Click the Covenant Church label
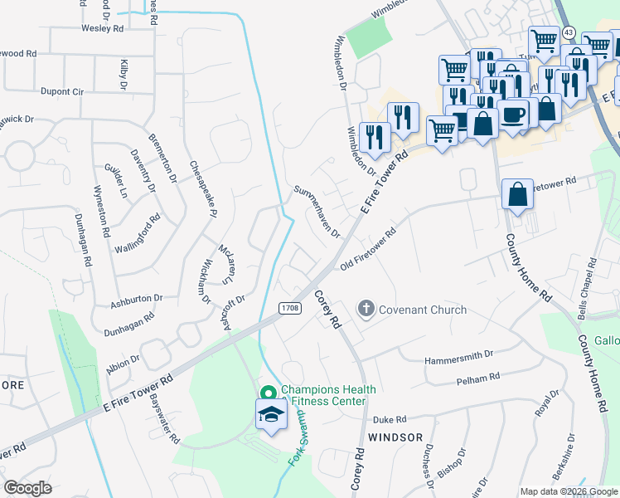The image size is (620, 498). (x=423, y=310)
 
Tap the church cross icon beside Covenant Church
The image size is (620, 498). (x=366, y=310)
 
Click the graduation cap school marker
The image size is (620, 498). (x=270, y=415)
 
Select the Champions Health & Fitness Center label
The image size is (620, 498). (x=328, y=395)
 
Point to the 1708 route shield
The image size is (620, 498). (x=289, y=308)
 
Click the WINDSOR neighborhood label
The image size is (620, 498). (x=395, y=437)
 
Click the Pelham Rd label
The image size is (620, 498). (x=477, y=378)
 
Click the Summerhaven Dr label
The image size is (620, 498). (x=317, y=212)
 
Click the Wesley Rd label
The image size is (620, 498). (x=102, y=28)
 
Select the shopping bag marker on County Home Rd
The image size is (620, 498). (x=517, y=195)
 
